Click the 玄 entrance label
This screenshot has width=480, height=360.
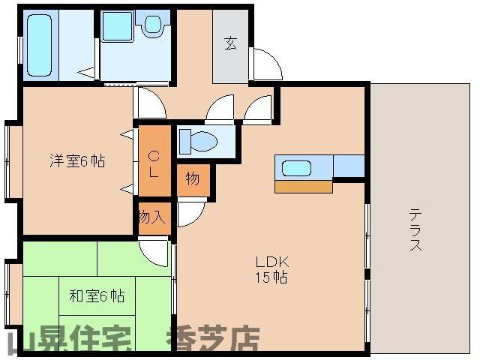(229, 43)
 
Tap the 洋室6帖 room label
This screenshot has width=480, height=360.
(77, 160)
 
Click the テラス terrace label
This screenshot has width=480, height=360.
(415, 229)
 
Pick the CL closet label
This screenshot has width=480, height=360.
(153, 163)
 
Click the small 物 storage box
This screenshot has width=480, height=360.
(193, 178)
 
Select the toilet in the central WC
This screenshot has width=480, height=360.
(198, 140)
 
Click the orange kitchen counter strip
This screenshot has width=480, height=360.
(303, 186)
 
